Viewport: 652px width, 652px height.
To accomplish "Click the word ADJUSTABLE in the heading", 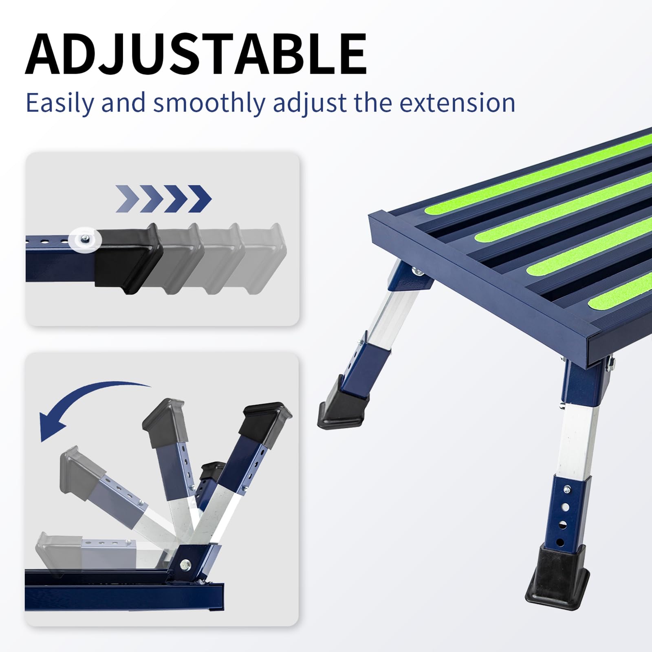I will [196, 54].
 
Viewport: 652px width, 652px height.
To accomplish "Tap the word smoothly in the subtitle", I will [209, 103].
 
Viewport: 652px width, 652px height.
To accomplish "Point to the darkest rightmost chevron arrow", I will [200, 199].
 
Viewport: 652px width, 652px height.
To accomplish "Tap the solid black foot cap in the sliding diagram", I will [128, 259].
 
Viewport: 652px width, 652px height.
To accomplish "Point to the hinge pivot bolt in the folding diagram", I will [185, 564].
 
